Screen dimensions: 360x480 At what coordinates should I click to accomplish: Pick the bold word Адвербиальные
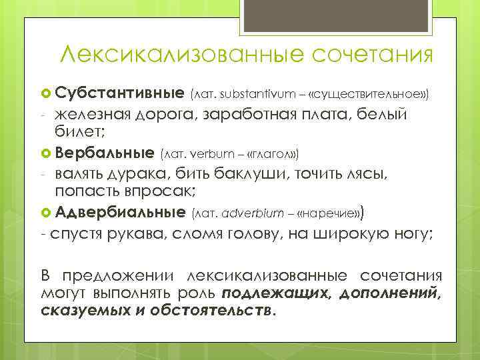pyautogui.click(x=121, y=213)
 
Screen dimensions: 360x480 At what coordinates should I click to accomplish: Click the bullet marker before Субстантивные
pyautogui.click(x=47, y=91)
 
